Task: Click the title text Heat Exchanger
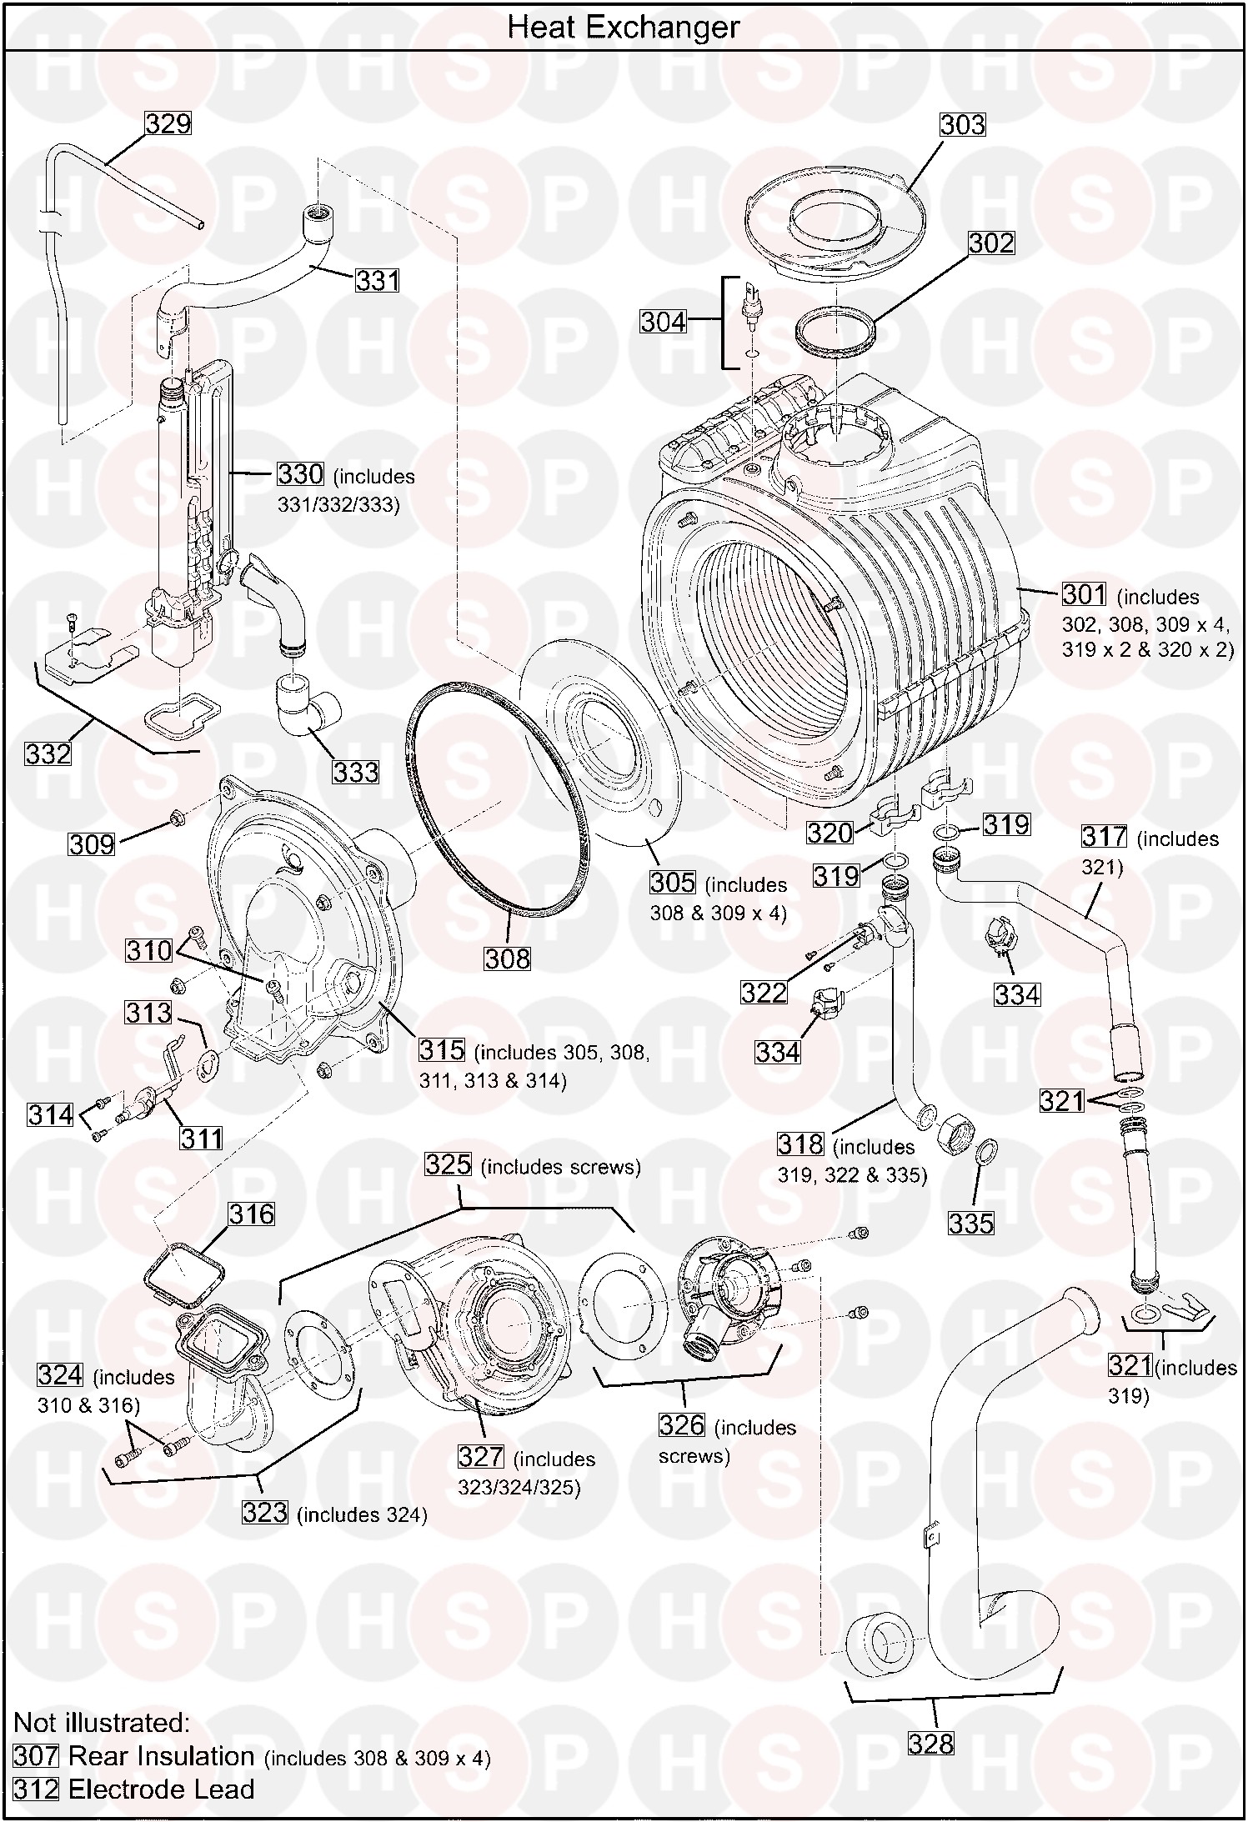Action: [x=623, y=28]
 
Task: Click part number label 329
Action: [x=168, y=123]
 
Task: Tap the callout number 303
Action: [x=962, y=124]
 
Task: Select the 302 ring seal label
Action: [x=991, y=243]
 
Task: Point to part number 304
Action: [x=663, y=321]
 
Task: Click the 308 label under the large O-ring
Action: [x=507, y=959]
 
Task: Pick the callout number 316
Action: [x=251, y=1214]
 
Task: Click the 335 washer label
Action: [x=971, y=1223]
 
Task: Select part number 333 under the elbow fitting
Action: [x=356, y=772]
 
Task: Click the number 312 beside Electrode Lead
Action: [x=36, y=1789]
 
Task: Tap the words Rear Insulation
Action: [x=161, y=1755]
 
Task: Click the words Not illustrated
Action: [x=103, y=1722]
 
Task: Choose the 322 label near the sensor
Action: [x=764, y=992]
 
